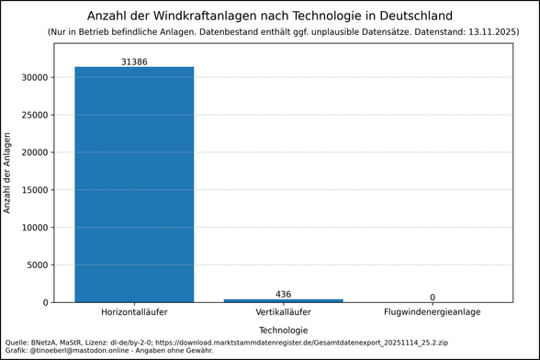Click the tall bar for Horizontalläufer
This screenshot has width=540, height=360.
click(x=134, y=184)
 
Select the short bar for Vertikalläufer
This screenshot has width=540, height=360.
click(x=283, y=300)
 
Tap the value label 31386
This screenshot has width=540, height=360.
click(x=134, y=61)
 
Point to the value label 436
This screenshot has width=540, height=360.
click(x=283, y=294)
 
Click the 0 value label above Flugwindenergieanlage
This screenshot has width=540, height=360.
click(x=432, y=297)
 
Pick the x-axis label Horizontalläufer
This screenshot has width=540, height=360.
click(x=134, y=313)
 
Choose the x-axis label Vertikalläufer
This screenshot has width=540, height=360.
click(x=283, y=313)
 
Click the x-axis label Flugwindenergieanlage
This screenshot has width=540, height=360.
click(x=432, y=313)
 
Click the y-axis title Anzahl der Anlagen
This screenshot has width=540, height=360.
click(x=8, y=173)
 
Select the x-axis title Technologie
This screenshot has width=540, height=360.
click(x=283, y=330)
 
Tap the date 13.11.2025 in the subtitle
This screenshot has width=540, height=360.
click(x=489, y=32)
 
